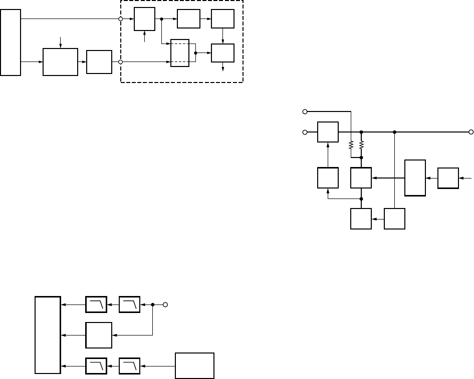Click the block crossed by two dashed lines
pos(180,52)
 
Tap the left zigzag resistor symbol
pos(351,145)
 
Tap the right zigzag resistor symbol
pos(361,145)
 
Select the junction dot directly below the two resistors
pos(361,157)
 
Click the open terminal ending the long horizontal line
pos(471,132)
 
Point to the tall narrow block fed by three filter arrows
pos(48,334)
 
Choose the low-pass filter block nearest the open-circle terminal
pos(130,304)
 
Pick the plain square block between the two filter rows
pos(99,335)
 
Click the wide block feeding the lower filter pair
pos(194,365)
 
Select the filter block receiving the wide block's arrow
pos(130,365)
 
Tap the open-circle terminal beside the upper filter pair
pos(166,304)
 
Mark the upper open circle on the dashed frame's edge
pos(121,19)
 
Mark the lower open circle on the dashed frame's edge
pos(121,62)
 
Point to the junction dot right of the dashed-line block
pos(195,52)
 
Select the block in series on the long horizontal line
pos(328,132)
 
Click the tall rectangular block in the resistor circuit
pos(415,178)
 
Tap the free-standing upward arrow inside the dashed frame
pos(145,36)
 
